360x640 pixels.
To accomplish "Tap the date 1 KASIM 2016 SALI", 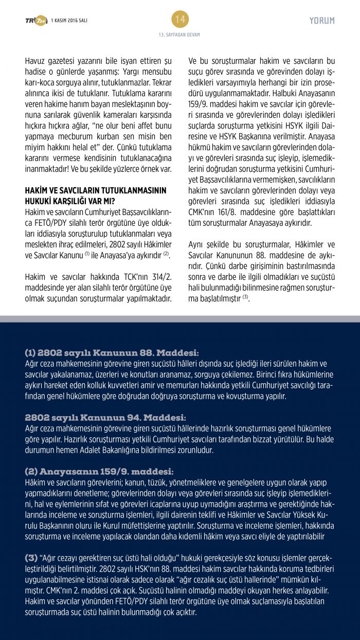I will (x=70, y=21).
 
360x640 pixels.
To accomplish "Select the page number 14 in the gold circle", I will (x=180, y=20).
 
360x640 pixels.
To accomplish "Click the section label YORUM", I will (x=322, y=21).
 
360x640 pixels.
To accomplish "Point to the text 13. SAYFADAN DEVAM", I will (x=179, y=35).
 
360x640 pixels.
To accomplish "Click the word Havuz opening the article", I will (x=35, y=61).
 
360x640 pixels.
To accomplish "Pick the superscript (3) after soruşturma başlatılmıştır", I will (x=245, y=297).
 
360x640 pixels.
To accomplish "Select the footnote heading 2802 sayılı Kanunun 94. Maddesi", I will (x=105, y=417).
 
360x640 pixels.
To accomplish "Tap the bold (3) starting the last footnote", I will (x=31, y=558).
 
